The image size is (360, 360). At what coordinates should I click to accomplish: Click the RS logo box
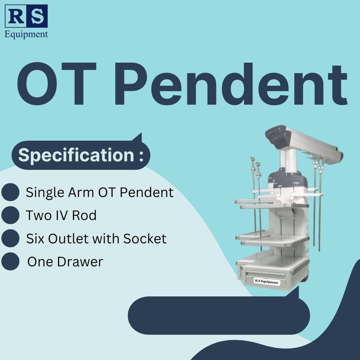26,16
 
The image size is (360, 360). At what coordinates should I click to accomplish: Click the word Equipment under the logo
26,34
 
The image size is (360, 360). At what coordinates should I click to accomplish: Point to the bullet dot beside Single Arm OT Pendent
10,192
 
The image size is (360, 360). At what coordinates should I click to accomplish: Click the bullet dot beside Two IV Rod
10,215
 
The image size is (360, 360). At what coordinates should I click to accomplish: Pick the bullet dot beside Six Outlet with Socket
10,238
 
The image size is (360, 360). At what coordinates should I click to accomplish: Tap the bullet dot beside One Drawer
10,261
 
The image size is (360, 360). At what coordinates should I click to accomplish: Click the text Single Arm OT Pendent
100,193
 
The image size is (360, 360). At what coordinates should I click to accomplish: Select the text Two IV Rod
61,216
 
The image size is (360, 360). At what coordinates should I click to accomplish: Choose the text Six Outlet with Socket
96,239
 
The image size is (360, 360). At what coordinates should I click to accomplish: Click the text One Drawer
65,262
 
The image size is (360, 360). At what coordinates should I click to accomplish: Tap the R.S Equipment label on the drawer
266,282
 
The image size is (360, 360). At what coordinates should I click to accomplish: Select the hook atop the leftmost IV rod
252,159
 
